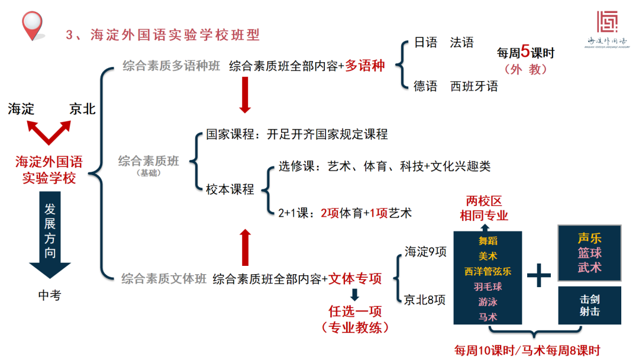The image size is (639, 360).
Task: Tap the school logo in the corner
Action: coord(606,22)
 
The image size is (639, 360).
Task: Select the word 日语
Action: coord(425,43)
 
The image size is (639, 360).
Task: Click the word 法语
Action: coord(461,43)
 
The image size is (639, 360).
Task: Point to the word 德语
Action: coord(425,86)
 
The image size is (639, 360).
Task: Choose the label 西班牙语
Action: coord(474,86)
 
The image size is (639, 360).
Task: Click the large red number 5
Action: coord(524,52)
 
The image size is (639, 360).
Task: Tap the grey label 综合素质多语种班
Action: coord(172,66)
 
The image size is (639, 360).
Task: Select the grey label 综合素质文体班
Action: coord(164,278)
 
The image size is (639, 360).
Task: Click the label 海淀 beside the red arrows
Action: coord(21,109)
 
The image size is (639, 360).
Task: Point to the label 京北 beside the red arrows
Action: coord(82,109)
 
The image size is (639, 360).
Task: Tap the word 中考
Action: coord(49,295)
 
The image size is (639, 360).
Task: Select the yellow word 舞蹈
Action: coord(488,241)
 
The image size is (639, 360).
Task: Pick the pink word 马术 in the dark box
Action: coord(488,317)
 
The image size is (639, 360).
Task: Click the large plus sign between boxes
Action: coord(538,275)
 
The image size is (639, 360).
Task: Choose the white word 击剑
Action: coord(589,299)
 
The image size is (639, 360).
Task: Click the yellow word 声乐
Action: coord(589,239)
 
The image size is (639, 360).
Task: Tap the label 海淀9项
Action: coord(425,251)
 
